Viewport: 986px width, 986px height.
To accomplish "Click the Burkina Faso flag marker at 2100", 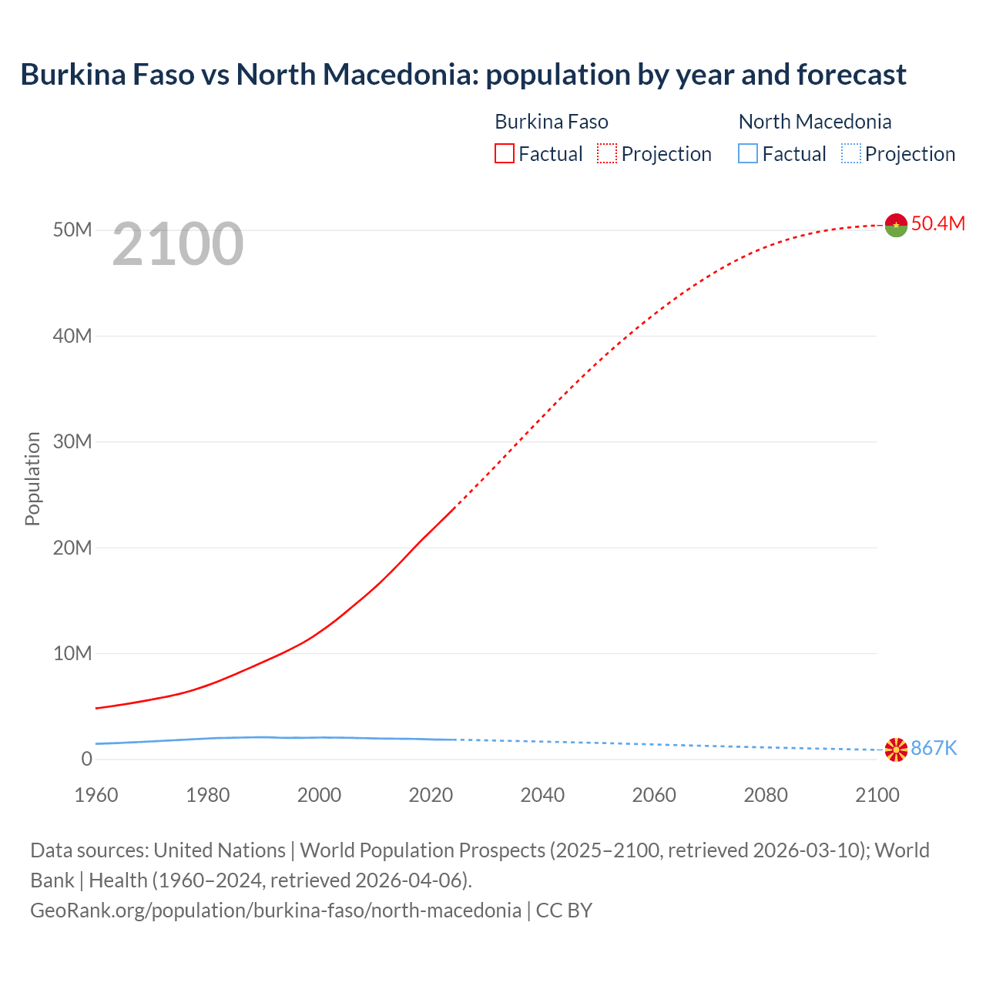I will [x=896, y=225].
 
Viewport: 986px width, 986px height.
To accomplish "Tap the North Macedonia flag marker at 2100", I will [x=896, y=750].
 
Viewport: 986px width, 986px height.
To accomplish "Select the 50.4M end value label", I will [x=937, y=224].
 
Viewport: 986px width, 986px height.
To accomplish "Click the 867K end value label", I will [x=934, y=749].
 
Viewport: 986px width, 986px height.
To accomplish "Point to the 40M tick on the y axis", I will [x=73, y=336].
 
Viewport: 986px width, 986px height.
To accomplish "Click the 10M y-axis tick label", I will [x=73, y=654].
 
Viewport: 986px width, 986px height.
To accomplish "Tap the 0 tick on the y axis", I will [x=86, y=760].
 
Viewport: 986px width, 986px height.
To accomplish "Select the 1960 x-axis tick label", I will [x=96, y=795].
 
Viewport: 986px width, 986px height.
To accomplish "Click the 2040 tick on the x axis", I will [x=542, y=795].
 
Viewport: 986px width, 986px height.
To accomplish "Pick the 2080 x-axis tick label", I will [x=766, y=795].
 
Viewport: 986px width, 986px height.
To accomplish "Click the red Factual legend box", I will [x=505, y=154].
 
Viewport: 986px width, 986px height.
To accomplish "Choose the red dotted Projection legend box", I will [x=607, y=154].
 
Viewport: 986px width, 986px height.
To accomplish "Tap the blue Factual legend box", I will [x=748, y=154].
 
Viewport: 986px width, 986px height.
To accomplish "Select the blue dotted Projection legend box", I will [x=851, y=154].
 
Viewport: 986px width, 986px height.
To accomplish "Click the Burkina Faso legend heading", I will [x=552, y=122].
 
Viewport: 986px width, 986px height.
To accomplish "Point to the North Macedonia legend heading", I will [x=815, y=122].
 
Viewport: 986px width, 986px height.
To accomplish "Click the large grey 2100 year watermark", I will [x=178, y=245].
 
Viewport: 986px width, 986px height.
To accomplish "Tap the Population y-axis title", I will [x=32, y=479].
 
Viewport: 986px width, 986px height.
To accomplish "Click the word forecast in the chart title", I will [x=851, y=75].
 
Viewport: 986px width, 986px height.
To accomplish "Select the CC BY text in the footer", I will [x=564, y=911].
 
